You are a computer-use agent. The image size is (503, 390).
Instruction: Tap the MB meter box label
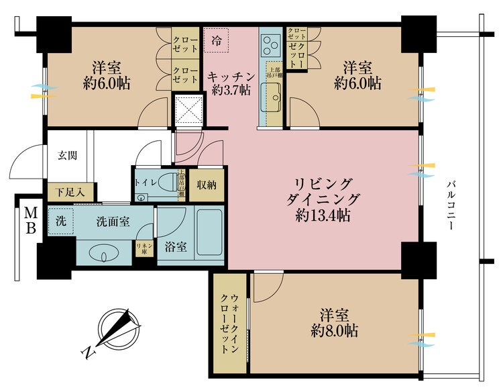(x=31, y=220)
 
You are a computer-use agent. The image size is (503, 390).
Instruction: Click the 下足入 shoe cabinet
(x=70, y=192)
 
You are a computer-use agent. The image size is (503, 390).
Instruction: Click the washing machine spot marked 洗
(x=60, y=222)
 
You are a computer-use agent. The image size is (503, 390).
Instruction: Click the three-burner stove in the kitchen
(x=271, y=46)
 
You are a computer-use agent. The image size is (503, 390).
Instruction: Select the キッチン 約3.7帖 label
(x=230, y=82)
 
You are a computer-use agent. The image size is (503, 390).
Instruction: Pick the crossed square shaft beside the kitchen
(x=188, y=110)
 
